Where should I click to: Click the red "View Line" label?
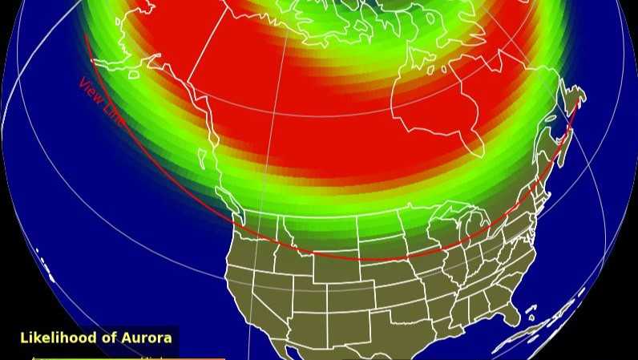pos(102,102)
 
